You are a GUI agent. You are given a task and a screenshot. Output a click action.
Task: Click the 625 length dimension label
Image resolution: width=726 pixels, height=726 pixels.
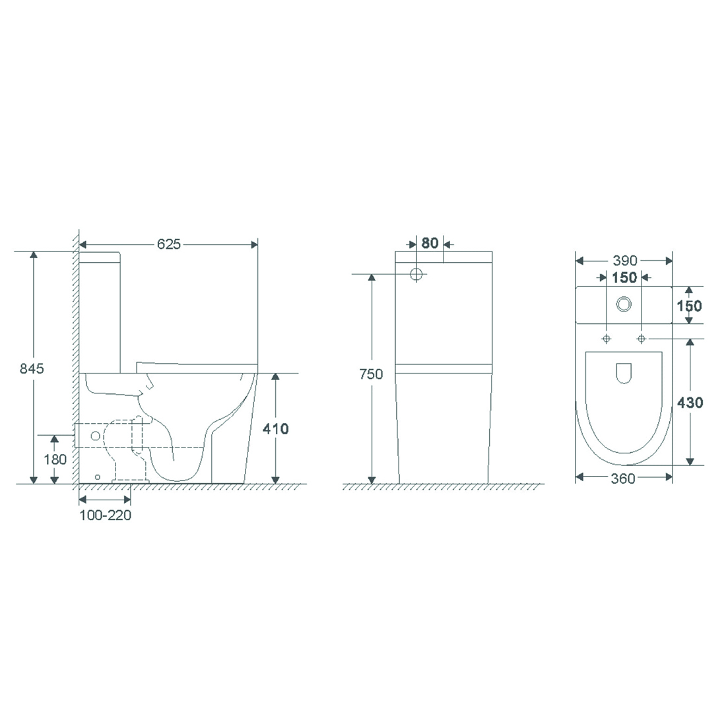(x=168, y=244)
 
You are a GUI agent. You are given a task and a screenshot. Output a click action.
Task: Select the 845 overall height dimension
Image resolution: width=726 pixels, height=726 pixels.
(x=32, y=368)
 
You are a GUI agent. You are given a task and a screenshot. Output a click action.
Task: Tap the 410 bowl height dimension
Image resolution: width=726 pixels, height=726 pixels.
(x=275, y=429)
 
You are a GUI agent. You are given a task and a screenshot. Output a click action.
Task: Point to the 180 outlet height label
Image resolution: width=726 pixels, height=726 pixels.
(x=55, y=459)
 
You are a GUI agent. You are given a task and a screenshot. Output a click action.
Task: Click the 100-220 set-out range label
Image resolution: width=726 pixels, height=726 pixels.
(x=105, y=515)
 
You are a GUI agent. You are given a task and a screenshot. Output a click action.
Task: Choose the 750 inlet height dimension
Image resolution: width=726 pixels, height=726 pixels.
(x=371, y=374)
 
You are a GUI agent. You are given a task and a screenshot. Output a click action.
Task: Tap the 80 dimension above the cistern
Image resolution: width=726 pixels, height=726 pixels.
(x=430, y=243)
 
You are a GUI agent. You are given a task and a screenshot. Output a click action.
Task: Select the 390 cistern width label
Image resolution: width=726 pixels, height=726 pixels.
(x=624, y=260)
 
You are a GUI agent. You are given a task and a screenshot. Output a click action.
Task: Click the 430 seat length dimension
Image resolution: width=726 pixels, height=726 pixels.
(x=690, y=403)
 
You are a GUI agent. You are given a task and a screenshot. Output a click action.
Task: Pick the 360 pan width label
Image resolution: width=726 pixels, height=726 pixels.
(x=623, y=478)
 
